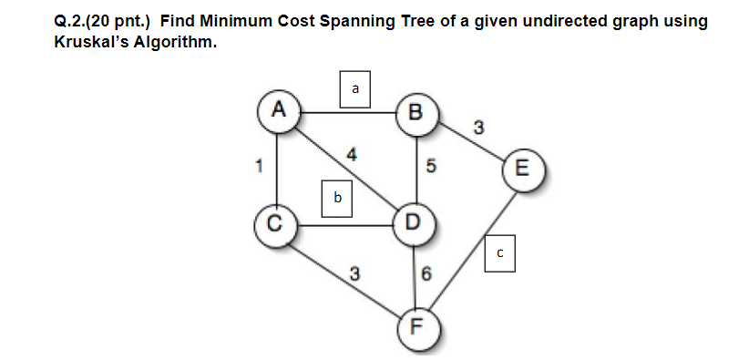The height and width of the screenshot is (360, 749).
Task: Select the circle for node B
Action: (416, 113)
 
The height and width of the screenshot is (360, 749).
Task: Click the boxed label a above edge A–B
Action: (354, 88)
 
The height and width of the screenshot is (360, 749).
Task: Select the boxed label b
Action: (337, 198)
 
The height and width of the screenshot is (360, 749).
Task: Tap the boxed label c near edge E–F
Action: (500, 252)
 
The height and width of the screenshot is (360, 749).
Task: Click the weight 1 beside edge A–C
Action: (260, 167)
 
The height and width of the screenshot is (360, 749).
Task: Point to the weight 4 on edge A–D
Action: (351, 155)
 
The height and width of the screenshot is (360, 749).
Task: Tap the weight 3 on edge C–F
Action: (353, 273)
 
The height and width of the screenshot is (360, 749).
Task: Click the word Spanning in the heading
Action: (349, 21)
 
